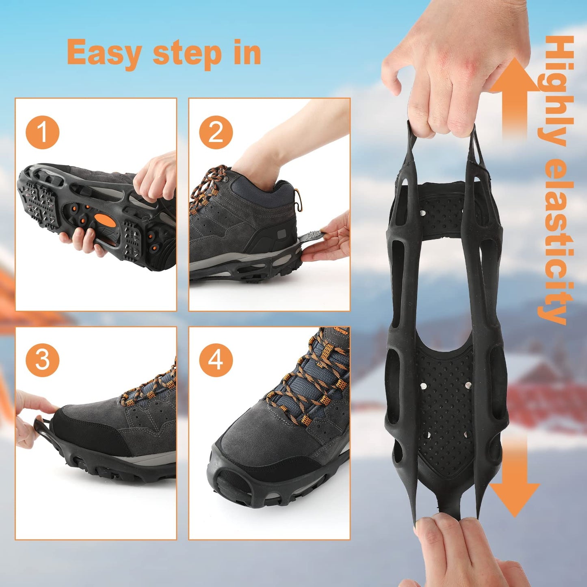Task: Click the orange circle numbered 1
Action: [43, 132]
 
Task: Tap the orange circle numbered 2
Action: [216, 132]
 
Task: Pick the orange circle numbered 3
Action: [43, 360]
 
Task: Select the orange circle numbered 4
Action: [216, 360]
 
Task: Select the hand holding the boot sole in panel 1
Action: [81, 240]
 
